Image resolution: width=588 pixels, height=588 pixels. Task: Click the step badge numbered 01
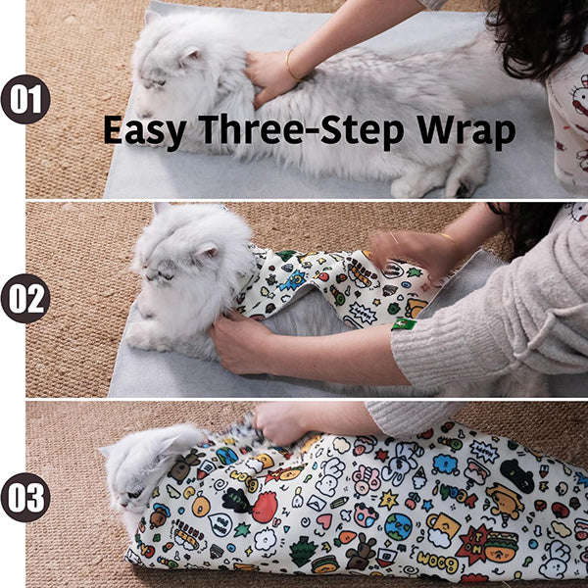coord(25,99)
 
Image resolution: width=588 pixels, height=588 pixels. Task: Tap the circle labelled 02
coord(25,299)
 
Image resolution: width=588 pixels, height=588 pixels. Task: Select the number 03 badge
coord(25,498)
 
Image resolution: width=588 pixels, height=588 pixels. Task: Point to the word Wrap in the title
coord(465,131)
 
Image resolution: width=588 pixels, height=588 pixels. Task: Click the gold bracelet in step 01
coord(292,66)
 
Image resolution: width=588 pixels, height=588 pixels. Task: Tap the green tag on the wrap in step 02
coord(404,324)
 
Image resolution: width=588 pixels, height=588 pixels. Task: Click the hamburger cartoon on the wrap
coord(501,546)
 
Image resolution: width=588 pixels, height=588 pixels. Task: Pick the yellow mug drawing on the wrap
coord(444,524)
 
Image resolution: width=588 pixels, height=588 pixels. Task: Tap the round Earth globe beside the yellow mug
coord(398,526)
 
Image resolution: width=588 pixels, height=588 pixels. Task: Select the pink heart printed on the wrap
coord(324,521)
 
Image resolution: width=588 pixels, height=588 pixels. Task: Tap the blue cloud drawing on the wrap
coord(446,465)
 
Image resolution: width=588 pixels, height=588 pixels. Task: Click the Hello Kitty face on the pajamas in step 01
coord(580,94)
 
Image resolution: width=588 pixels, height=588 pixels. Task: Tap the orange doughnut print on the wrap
coord(201,506)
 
